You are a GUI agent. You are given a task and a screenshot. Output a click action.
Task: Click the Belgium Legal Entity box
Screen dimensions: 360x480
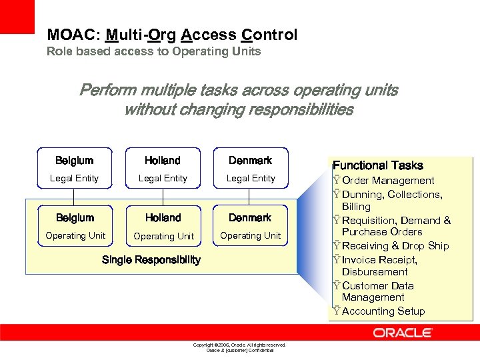(75, 169)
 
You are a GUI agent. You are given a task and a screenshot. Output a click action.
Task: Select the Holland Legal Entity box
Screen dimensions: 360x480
(163, 169)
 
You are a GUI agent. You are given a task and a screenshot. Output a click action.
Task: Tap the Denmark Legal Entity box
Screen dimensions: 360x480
(251, 169)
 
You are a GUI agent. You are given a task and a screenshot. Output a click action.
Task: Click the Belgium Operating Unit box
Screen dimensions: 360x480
(75, 226)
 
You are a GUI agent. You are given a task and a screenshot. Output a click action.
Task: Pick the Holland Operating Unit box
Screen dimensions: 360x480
(163, 226)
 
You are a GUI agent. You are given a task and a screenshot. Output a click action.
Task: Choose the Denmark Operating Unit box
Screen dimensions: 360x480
(251, 226)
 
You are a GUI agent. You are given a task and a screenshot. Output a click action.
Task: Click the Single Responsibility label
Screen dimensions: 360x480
(151, 260)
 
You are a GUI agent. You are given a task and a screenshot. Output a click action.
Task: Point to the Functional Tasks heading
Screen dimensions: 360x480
(377, 165)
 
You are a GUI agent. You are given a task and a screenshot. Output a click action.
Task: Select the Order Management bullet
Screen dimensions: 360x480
(387, 181)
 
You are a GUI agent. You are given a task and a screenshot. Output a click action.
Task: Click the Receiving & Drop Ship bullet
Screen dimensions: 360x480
(395, 246)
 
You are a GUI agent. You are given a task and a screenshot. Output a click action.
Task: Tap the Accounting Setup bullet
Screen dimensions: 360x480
(382, 311)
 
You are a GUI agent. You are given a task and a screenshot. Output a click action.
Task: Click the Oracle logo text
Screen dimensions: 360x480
(403, 333)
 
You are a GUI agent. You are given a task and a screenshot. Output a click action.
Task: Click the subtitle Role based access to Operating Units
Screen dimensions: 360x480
(153, 51)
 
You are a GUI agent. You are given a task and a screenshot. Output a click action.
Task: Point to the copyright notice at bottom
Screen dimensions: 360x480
(239, 347)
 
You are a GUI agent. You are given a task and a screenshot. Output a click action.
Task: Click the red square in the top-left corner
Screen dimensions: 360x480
(17, 17)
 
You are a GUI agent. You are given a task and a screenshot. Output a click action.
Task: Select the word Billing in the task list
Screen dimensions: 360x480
(356, 207)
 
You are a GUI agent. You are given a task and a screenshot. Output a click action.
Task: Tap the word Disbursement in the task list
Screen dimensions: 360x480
(375, 272)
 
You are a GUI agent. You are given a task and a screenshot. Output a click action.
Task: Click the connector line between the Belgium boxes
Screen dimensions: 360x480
(74, 197)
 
